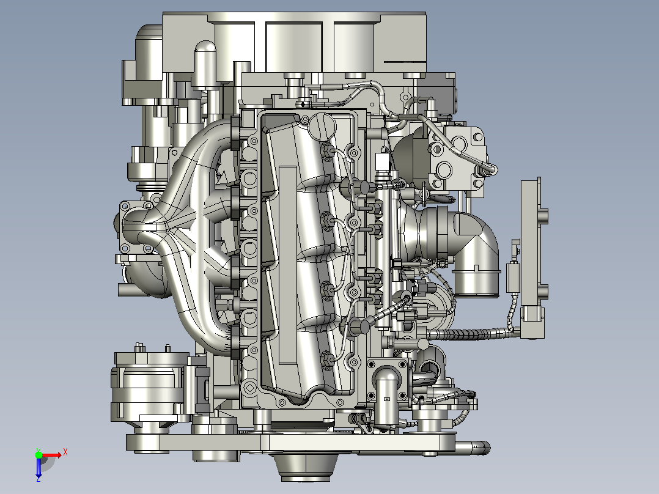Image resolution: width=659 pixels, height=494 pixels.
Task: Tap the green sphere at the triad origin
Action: pos(39,455)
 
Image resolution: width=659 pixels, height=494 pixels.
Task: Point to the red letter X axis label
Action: pos(65,452)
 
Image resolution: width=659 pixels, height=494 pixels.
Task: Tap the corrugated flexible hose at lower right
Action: pos(471,334)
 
